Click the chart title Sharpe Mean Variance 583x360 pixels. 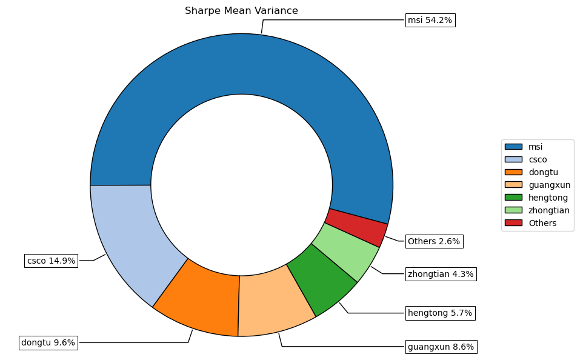[x=241, y=11]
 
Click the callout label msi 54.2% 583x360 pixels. [x=430, y=21]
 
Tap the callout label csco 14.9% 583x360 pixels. [x=52, y=261]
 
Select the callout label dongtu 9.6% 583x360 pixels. [x=48, y=342]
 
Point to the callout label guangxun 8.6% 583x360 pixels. [x=441, y=347]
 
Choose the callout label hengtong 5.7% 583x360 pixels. [x=440, y=313]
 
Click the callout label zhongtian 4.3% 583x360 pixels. [x=441, y=274]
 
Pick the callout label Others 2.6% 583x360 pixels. [x=434, y=241]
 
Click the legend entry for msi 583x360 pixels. [x=535, y=147]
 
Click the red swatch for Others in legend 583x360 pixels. [x=513, y=223]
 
